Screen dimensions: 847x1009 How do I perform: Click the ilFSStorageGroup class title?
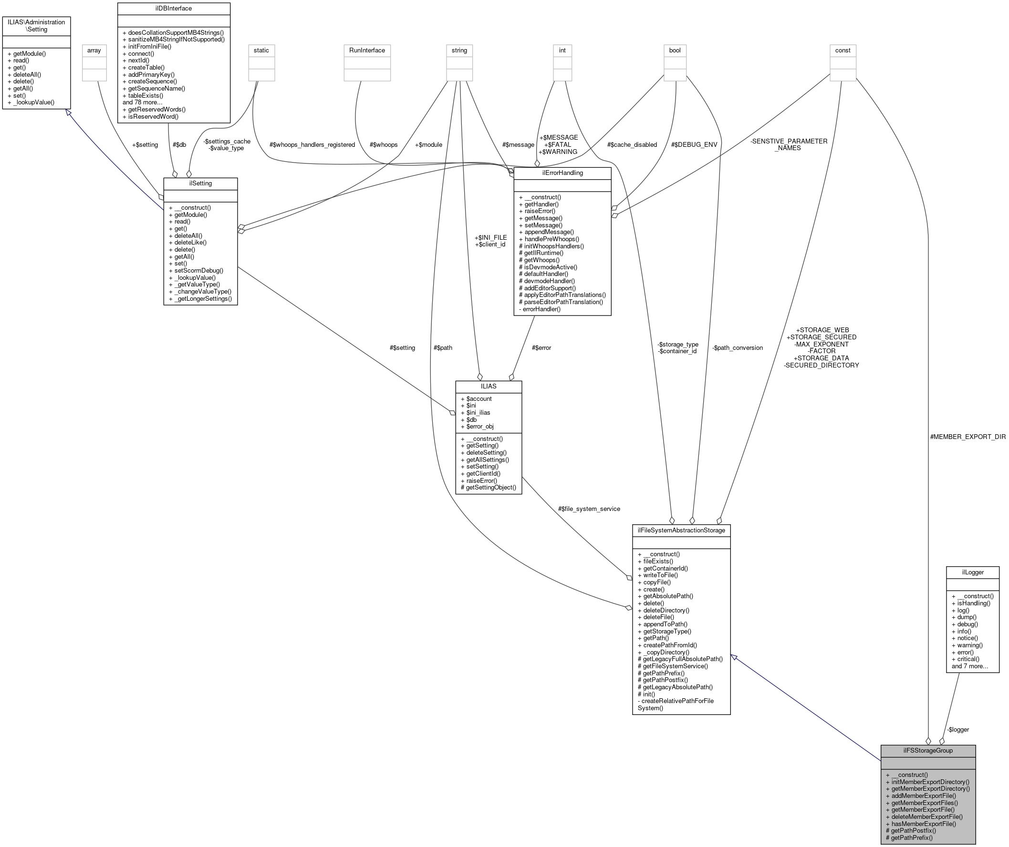[928, 750]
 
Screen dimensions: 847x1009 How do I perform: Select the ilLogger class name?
[972, 572]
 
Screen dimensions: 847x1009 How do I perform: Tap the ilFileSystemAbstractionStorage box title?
[681, 530]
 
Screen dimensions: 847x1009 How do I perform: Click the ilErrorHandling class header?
[562, 173]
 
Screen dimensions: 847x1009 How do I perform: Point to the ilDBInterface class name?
[174, 9]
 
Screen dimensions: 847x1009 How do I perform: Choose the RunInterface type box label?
[367, 51]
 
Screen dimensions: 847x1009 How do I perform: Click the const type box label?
[843, 51]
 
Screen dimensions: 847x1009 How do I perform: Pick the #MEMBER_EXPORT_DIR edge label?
[967, 437]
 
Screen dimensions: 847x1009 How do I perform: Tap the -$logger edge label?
[957, 729]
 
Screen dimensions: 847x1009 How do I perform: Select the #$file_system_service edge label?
[589, 509]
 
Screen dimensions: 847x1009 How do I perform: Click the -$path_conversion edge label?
[738, 347]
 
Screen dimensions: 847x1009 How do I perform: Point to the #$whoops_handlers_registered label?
[312, 144]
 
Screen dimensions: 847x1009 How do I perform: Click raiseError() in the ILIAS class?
[481, 480]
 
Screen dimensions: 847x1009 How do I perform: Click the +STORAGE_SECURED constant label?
[821, 337]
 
